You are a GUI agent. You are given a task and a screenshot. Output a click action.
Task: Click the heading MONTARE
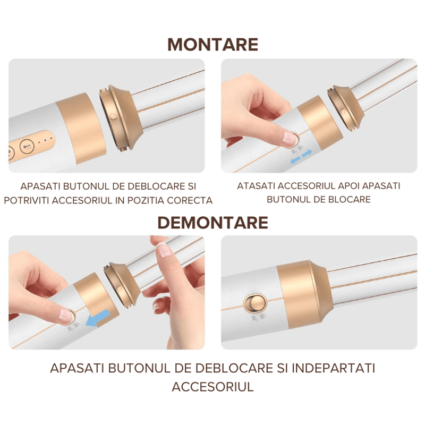pyautogui.click(x=212, y=44)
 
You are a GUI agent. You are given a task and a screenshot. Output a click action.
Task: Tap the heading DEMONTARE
pyautogui.click(x=212, y=222)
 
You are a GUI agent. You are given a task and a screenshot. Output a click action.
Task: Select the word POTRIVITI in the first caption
pyautogui.click(x=31, y=200)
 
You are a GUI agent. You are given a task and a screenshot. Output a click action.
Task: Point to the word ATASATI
pyautogui.click(x=258, y=186)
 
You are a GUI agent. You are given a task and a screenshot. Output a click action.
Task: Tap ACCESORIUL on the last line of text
pyautogui.click(x=212, y=386)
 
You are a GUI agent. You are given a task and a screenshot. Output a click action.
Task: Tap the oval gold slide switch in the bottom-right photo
pyautogui.click(x=254, y=303)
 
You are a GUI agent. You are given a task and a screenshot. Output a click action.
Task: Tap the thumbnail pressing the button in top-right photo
pyautogui.click(x=288, y=138)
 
